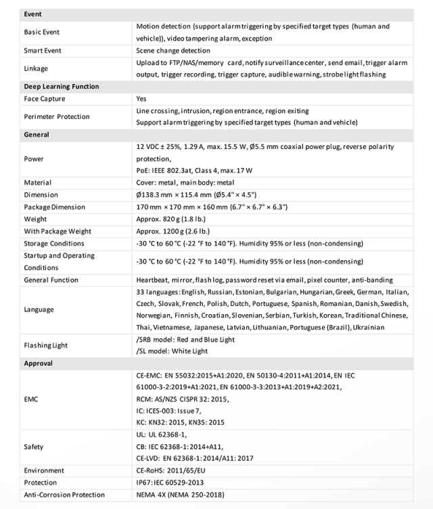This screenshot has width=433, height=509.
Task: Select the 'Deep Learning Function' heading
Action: tap(61, 87)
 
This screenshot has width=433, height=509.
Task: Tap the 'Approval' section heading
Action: tap(38, 363)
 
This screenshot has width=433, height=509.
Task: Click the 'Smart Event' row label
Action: tap(43, 51)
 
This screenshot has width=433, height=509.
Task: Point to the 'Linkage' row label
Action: tap(36, 68)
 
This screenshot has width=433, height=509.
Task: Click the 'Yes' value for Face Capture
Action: tap(141, 99)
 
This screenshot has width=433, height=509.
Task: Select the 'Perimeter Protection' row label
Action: tap(57, 116)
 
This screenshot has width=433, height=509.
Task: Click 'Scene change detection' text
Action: tap(173, 51)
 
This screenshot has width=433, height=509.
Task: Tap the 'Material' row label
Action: tap(37, 183)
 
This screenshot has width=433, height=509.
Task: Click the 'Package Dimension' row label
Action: tap(54, 207)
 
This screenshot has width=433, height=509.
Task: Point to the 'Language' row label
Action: tap(39, 309)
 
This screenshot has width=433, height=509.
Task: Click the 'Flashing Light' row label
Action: tap(46, 345)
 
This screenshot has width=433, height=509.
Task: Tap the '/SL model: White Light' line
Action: tap(172, 351)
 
